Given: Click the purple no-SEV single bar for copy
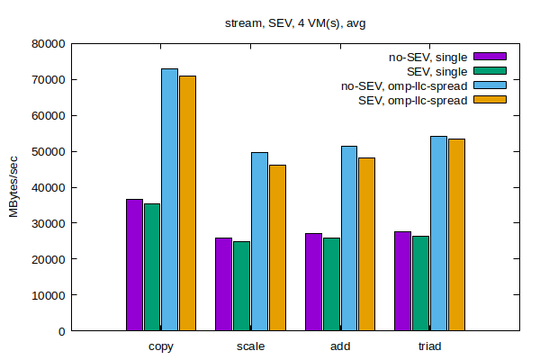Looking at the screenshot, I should (134, 265).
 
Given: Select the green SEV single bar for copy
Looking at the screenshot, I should (152, 267).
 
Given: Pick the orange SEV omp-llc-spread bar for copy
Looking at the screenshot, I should (187, 203).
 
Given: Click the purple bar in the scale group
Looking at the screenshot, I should (223, 284).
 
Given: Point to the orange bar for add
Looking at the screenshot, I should (366, 244).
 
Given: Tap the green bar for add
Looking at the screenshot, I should (331, 284).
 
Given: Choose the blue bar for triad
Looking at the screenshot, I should (438, 233).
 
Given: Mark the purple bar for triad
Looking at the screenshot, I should (402, 281).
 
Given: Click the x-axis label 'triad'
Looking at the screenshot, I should (429, 346).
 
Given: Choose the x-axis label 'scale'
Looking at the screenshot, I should (250, 346).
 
